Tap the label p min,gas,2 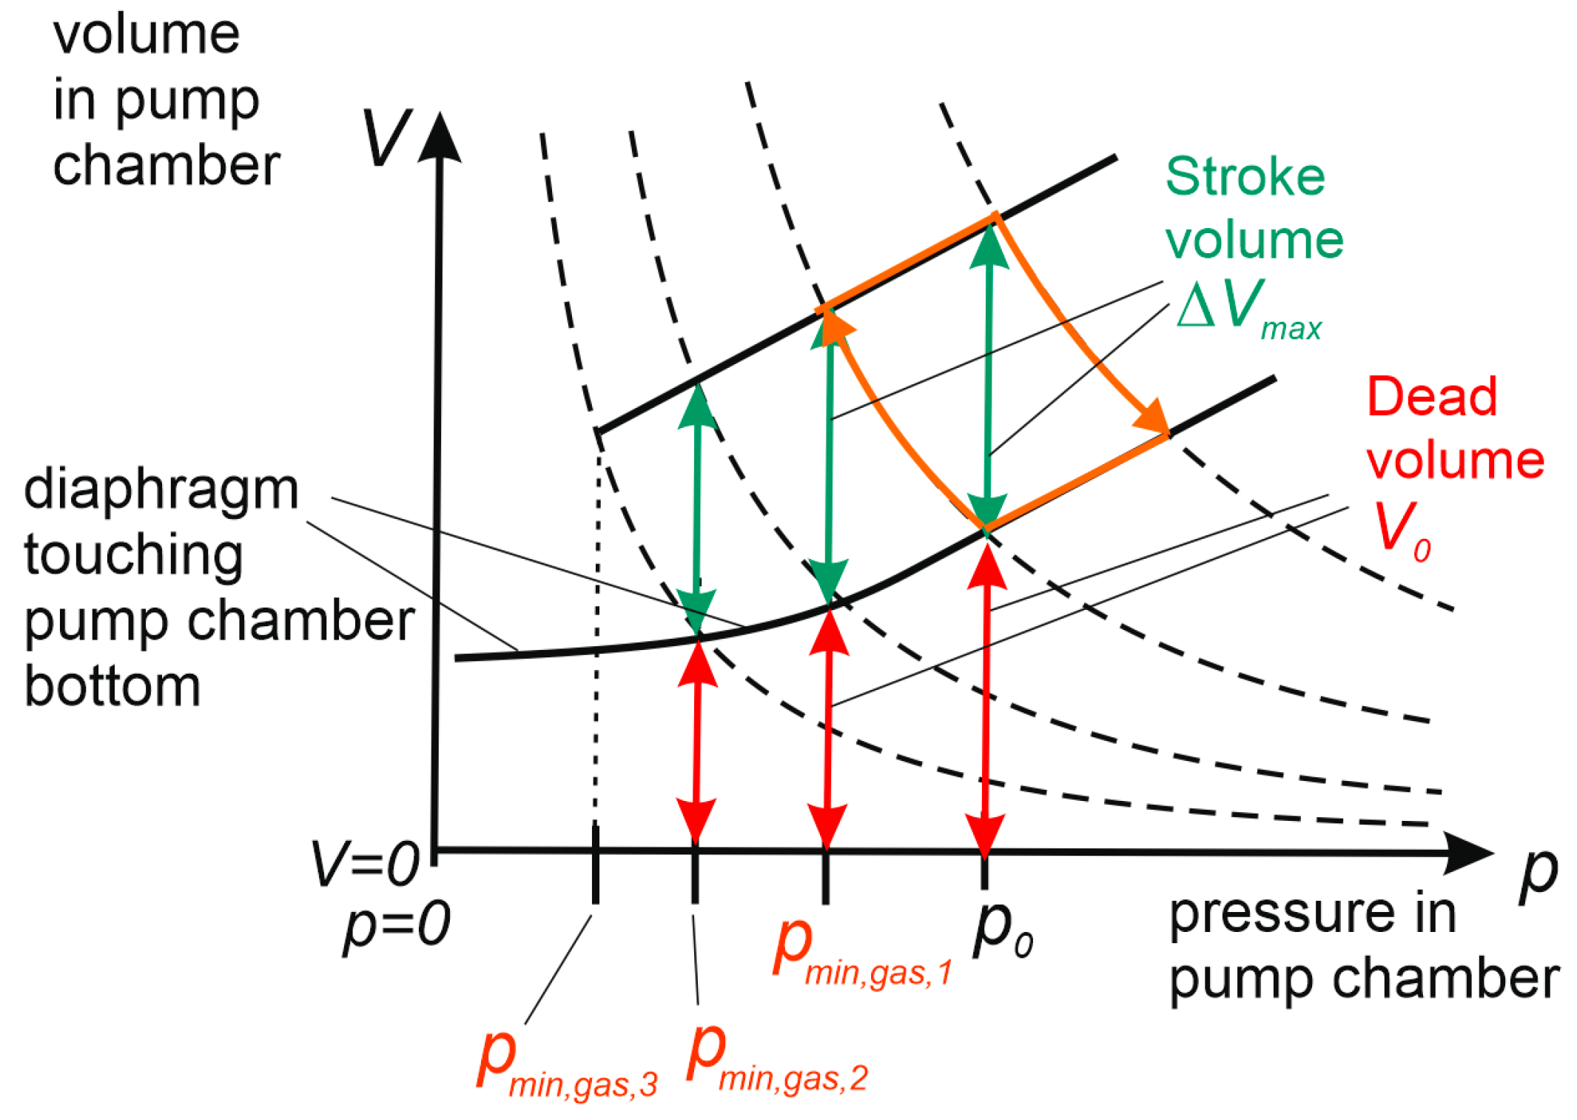[776, 1059]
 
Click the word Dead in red [1431, 397]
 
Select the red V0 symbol [1401, 529]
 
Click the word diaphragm [161, 489]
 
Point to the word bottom [112, 686]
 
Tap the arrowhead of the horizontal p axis [1469, 853]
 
